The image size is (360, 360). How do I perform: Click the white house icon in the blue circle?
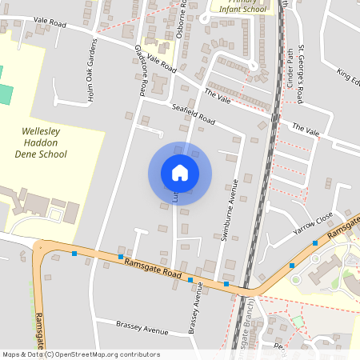(x=179, y=173)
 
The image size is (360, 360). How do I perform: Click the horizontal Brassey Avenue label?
(x=142, y=330)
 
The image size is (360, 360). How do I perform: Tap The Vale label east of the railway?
(x=305, y=129)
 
